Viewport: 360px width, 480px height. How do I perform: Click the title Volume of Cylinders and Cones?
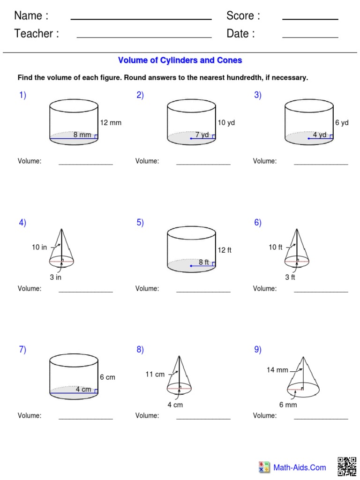click(180, 60)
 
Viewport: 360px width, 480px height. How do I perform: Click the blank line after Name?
click(141, 19)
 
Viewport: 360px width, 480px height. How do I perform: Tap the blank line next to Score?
click(310, 19)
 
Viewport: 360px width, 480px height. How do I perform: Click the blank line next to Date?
click(310, 37)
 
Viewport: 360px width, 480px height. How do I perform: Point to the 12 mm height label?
click(111, 123)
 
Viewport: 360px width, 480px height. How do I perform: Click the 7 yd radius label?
click(202, 135)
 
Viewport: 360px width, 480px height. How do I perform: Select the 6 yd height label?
click(342, 123)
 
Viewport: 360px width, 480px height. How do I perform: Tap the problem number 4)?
click(22, 223)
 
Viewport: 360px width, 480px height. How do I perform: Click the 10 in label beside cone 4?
click(39, 247)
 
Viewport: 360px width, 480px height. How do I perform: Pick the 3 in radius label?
click(56, 277)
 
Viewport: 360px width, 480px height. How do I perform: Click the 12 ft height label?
click(225, 250)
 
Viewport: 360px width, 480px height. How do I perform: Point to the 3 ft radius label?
click(290, 277)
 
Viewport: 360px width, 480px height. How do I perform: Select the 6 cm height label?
click(107, 377)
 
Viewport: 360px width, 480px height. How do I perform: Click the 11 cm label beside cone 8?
click(155, 375)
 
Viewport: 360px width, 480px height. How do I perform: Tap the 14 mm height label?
click(277, 370)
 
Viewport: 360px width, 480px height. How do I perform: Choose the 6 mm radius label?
click(288, 405)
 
